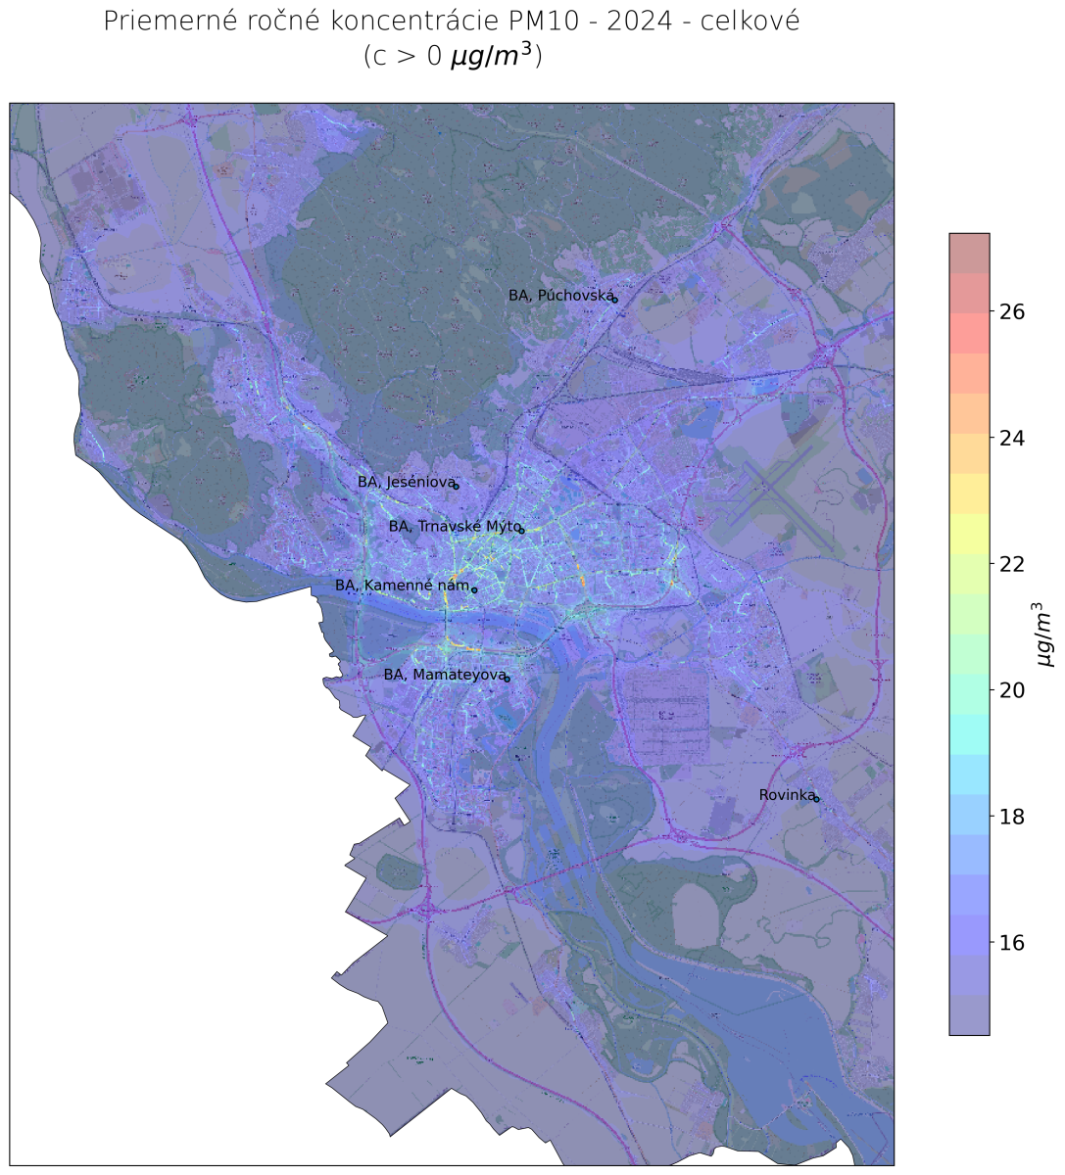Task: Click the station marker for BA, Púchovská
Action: [615, 300]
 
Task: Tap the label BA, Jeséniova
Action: [406, 482]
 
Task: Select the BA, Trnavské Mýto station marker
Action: [521, 531]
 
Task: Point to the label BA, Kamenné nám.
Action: [402, 586]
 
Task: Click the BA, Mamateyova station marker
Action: [508, 679]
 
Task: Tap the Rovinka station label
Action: [786, 795]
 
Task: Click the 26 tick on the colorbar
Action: [1012, 311]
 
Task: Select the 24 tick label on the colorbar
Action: [1012, 438]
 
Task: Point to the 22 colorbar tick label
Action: [1012, 564]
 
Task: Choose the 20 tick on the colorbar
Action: [1012, 690]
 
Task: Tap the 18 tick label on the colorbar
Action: [1012, 817]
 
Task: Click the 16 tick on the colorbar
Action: [1012, 943]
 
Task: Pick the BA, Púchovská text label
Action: [559, 295]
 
